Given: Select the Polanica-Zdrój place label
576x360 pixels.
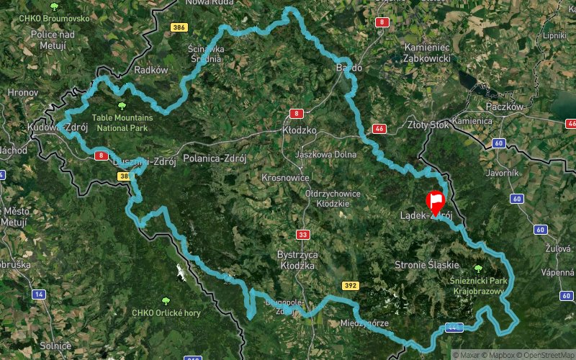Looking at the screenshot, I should [x=216, y=159].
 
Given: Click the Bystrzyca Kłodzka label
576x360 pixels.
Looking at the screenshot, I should [x=297, y=260].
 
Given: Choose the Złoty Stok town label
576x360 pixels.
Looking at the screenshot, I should [x=428, y=125].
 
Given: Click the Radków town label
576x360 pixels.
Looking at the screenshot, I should [x=150, y=70].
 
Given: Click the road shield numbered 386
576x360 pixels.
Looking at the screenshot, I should [x=179, y=27].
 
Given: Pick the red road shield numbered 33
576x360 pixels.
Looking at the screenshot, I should [x=302, y=235].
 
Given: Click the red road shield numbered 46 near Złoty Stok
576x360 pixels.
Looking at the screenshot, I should [x=379, y=129].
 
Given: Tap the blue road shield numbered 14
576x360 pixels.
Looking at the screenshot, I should [x=39, y=294].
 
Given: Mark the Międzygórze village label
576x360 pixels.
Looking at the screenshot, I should [x=364, y=323].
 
